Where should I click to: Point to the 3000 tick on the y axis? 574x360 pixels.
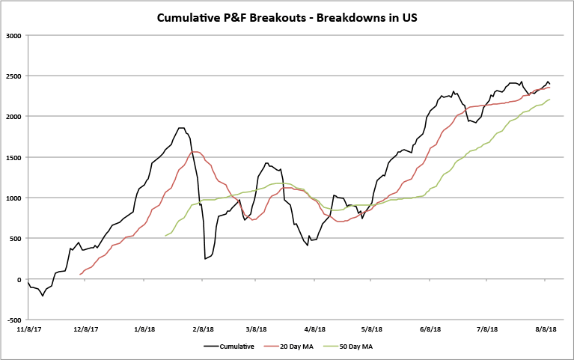pyautogui.click(x=12, y=35)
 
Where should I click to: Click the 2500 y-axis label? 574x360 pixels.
pyautogui.click(x=12, y=76)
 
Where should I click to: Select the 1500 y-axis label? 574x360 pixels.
pyautogui.click(x=12, y=157)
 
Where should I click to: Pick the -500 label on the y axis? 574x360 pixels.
pyautogui.click(x=13, y=320)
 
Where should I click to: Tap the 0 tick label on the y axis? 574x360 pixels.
pyautogui.click(x=19, y=279)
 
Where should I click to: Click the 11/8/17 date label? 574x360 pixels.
pyautogui.click(x=28, y=329)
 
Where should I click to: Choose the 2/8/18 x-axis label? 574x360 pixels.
pyautogui.click(x=202, y=329)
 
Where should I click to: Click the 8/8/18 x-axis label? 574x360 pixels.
pyautogui.click(x=546, y=329)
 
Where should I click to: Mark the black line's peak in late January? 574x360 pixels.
pyautogui.click(x=180, y=128)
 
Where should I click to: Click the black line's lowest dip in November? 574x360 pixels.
pyautogui.click(x=43, y=296)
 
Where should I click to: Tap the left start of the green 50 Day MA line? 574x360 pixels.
pyautogui.click(x=165, y=236)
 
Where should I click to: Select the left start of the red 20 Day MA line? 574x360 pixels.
pyautogui.click(x=79, y=275)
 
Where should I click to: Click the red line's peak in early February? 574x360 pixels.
pyautogui.click(x=195, y=152)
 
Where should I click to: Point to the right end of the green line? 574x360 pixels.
pyautogui.click(x=550, y=100)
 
